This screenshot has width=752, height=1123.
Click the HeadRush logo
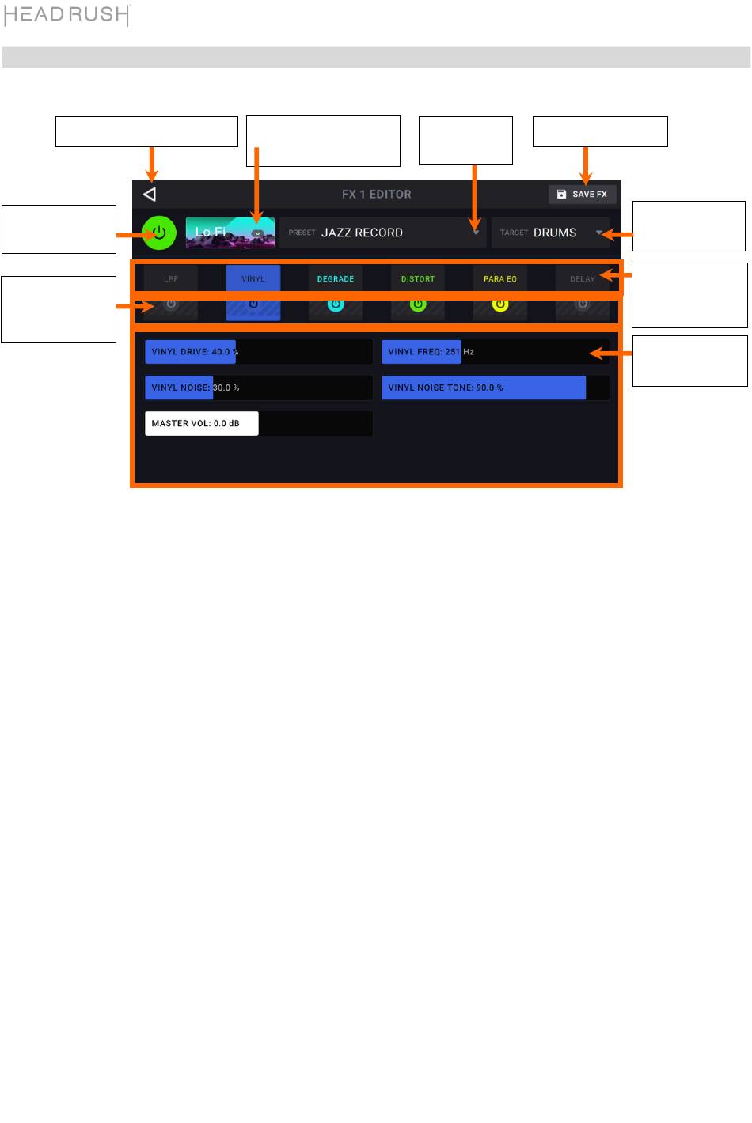pos(67,15)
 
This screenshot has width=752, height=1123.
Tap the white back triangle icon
pos(150,194)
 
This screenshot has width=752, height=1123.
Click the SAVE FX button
pos(582,194)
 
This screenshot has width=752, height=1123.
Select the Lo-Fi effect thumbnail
pos(230,233)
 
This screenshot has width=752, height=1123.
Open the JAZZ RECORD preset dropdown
pos(383,233)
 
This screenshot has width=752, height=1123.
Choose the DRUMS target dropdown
pos(551,233)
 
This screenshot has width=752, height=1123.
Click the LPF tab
pos(171,278)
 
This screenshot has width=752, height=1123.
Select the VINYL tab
pos(253,278)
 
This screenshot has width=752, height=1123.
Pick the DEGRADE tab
pos(336,278)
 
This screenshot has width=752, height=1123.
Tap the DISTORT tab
pos(418,278)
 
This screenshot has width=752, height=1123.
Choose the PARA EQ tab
pos(500,278)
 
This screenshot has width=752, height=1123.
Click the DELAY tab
pos(583,278)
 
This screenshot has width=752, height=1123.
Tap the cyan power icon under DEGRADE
pos(336,304)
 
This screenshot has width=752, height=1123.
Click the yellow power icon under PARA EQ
pos(500,304)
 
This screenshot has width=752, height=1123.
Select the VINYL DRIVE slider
pos(258,352)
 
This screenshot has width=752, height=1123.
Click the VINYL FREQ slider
pos(496,352)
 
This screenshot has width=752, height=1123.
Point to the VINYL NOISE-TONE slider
pos(496,388)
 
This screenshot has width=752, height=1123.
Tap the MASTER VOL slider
pos(258,423)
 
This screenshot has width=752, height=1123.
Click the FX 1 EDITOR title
pos(376,194)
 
